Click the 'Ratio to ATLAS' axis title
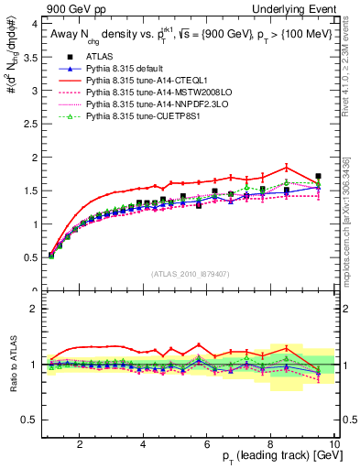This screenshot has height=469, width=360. [12, 365]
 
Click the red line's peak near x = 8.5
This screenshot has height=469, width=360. [287, 167]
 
